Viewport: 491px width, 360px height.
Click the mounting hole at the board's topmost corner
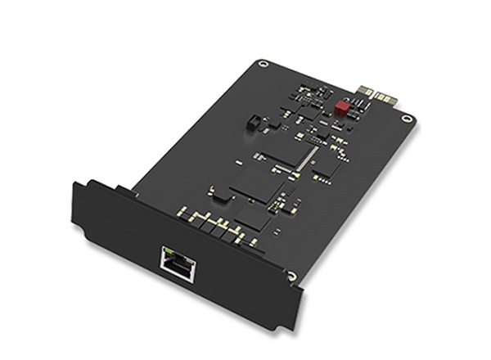point(262,63)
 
